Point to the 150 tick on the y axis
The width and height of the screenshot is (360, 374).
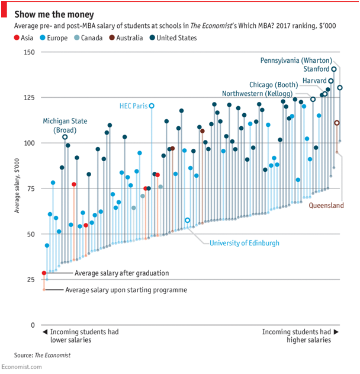[29, 52]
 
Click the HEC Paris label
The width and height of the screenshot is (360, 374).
[133, 106]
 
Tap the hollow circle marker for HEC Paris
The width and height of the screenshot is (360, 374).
[152, 106]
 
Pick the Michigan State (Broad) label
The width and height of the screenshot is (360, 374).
[65, 125]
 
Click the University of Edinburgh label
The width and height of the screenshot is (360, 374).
[245, 243]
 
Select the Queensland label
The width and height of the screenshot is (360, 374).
[326, 206]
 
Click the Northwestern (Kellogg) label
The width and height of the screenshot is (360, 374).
[265, 94]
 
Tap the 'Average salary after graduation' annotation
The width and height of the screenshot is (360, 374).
[122, 273]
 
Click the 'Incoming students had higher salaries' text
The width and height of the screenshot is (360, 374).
[297, 336]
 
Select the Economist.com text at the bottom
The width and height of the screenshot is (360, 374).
[21, 367]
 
